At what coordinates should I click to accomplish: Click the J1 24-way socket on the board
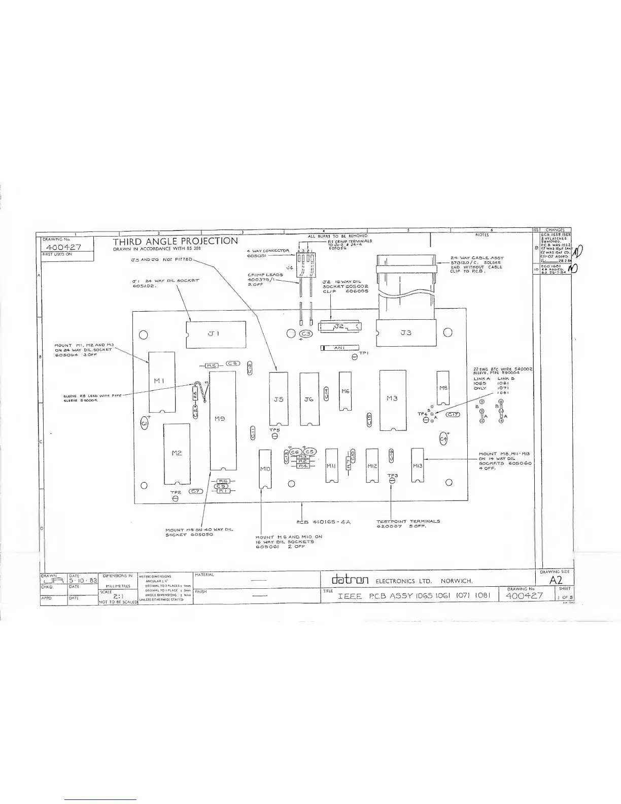point(215,333)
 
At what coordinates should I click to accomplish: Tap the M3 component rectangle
point(393,399)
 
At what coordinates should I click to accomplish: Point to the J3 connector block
point(406,333)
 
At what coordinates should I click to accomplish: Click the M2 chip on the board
point(177,453)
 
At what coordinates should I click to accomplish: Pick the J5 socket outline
point(278,399)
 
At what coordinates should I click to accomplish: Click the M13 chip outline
point(417,465)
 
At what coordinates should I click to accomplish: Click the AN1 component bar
point(339,348)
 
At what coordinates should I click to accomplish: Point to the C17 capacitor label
point(453,415)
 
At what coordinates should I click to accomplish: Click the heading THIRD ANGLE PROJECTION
point(175,241)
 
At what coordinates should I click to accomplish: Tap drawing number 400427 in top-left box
point(67,247)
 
